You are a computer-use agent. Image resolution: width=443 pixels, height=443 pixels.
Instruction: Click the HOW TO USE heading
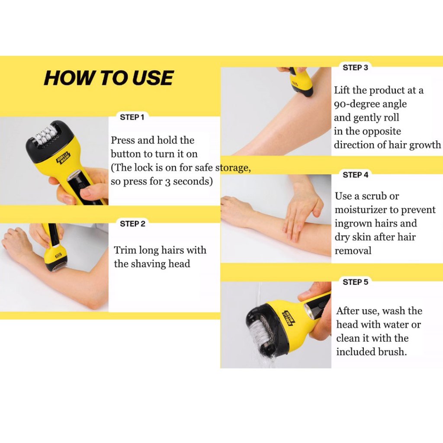[109, 78]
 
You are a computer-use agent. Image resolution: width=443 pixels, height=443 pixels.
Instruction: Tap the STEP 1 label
[132, 117]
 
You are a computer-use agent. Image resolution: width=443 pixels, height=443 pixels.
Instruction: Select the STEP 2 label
[132, 224]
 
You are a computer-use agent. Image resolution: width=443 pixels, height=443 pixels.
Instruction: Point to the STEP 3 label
[356, 67]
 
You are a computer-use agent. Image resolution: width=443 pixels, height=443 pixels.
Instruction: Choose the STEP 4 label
[356, 175]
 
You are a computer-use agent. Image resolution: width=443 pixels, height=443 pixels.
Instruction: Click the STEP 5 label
[356, 282]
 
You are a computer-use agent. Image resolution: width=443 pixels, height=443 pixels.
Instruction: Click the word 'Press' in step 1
[121, 140]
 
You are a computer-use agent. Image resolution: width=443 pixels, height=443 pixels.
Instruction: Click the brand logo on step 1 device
[63, 159]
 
